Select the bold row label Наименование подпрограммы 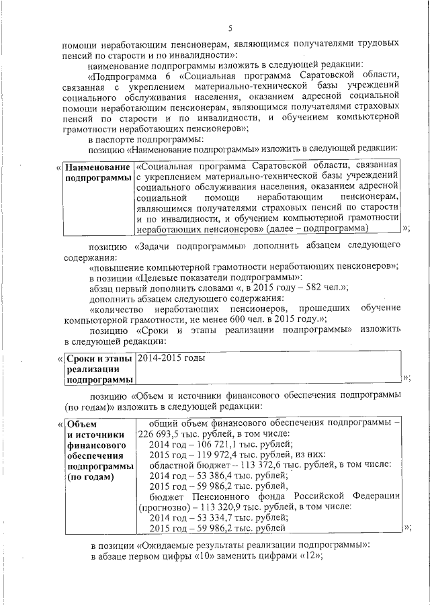(97, 172)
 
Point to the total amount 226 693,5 (159, 434)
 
